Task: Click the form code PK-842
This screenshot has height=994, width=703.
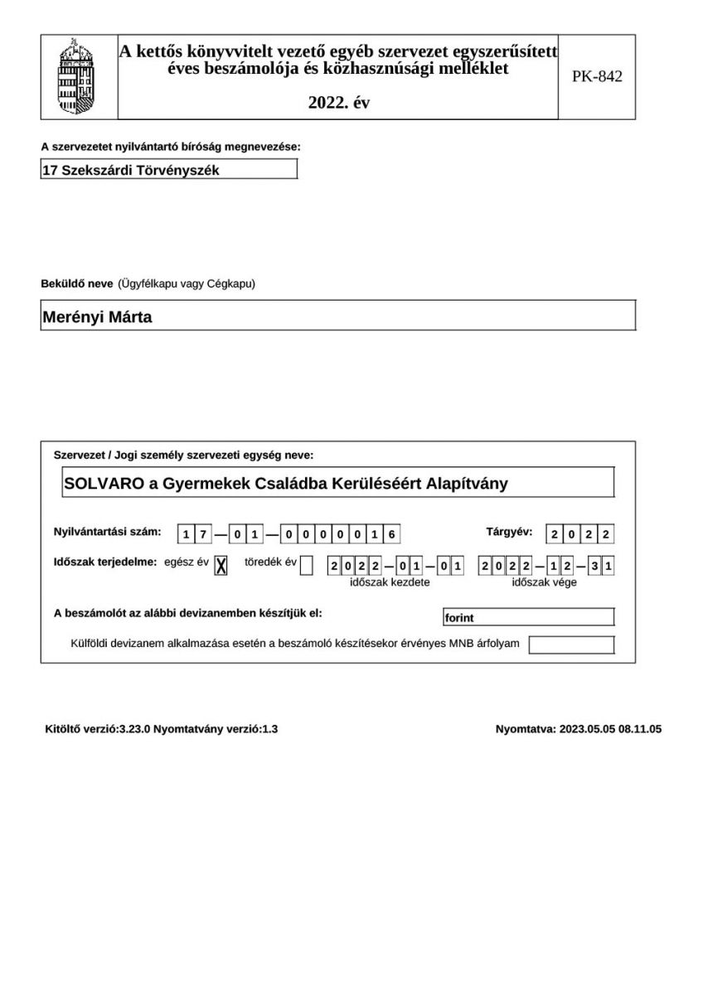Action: [597, 77]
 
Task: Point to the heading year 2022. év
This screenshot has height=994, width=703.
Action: [338, 104]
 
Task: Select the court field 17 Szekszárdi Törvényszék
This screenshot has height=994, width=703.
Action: [168, 170]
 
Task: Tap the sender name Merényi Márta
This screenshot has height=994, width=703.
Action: [97, 316]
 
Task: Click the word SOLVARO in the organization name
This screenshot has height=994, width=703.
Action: [104, 483]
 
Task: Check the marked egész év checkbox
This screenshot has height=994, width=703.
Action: [221, 566]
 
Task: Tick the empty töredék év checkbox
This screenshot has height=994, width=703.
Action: [307, 566]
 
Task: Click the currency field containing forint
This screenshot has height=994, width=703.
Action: [529, 617]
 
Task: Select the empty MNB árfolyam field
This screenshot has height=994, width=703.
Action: [571, 644]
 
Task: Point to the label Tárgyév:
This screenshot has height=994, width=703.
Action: [509, 532]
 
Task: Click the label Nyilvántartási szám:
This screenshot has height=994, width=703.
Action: [107, 532]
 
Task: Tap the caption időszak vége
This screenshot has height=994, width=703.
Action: [544, 582]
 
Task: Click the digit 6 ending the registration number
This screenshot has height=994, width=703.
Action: [392, 534]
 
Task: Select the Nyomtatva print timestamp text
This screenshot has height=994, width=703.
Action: [578, 730]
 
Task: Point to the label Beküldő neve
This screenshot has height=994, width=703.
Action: [77, 284]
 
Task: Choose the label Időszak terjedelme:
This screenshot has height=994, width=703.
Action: [105, 562]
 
